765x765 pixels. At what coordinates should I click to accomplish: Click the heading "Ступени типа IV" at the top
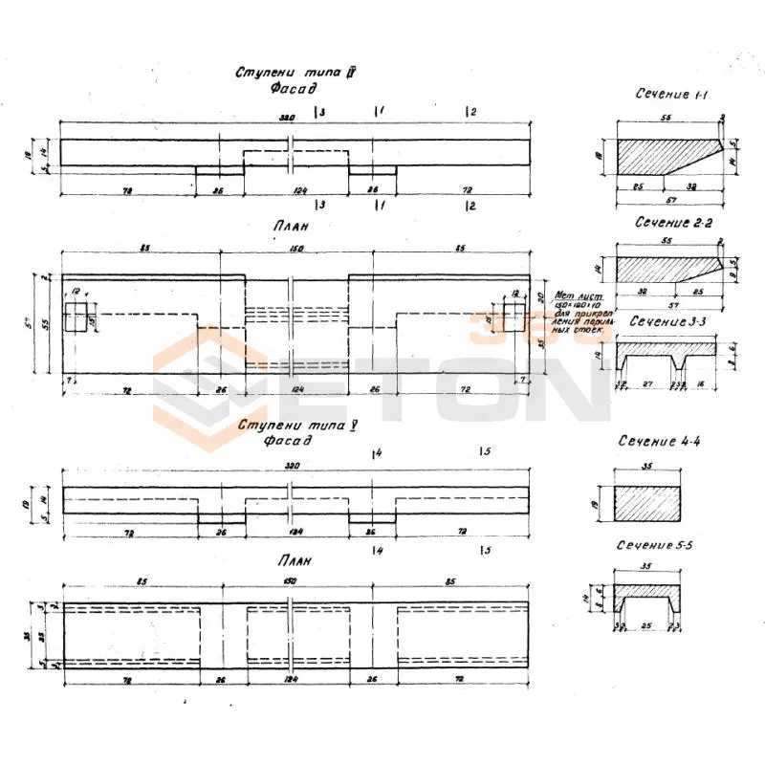(x=296, y=73)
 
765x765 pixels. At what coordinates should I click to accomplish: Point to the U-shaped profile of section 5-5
(x=650, y=601)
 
